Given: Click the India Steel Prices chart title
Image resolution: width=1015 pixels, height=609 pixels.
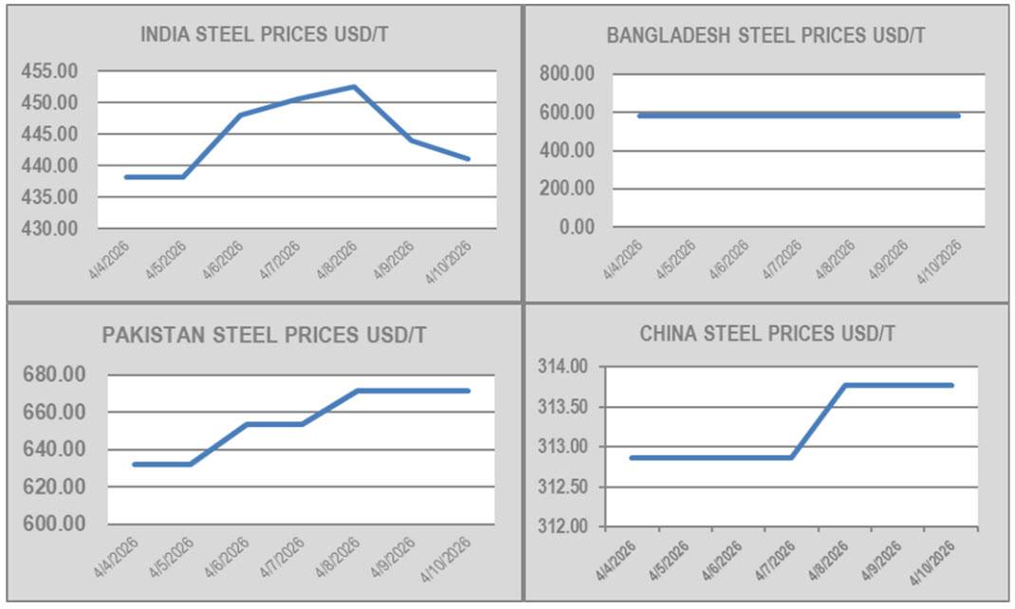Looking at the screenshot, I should coord(264,35).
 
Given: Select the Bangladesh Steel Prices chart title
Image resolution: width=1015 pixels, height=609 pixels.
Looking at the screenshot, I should coord(766,36).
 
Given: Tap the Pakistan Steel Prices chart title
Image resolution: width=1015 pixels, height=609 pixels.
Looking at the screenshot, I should coord(264,336).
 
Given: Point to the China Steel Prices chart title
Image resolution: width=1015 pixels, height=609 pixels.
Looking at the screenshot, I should coord(767,334).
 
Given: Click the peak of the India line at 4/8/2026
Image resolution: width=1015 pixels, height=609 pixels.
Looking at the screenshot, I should coord(354,86).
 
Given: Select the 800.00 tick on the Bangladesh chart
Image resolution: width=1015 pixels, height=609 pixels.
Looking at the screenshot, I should coord(565,74).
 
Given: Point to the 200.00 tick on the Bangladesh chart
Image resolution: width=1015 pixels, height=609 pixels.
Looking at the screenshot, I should coord(565,189).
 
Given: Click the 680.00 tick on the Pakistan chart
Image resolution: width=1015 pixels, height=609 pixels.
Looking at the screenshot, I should coord(53,376).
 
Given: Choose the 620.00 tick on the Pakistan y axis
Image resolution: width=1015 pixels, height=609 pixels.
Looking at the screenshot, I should coord(53,487).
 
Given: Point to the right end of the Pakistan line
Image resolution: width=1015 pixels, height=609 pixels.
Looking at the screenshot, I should coord(469,391).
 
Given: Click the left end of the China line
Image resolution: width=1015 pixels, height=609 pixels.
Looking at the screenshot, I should coord(631,457).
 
